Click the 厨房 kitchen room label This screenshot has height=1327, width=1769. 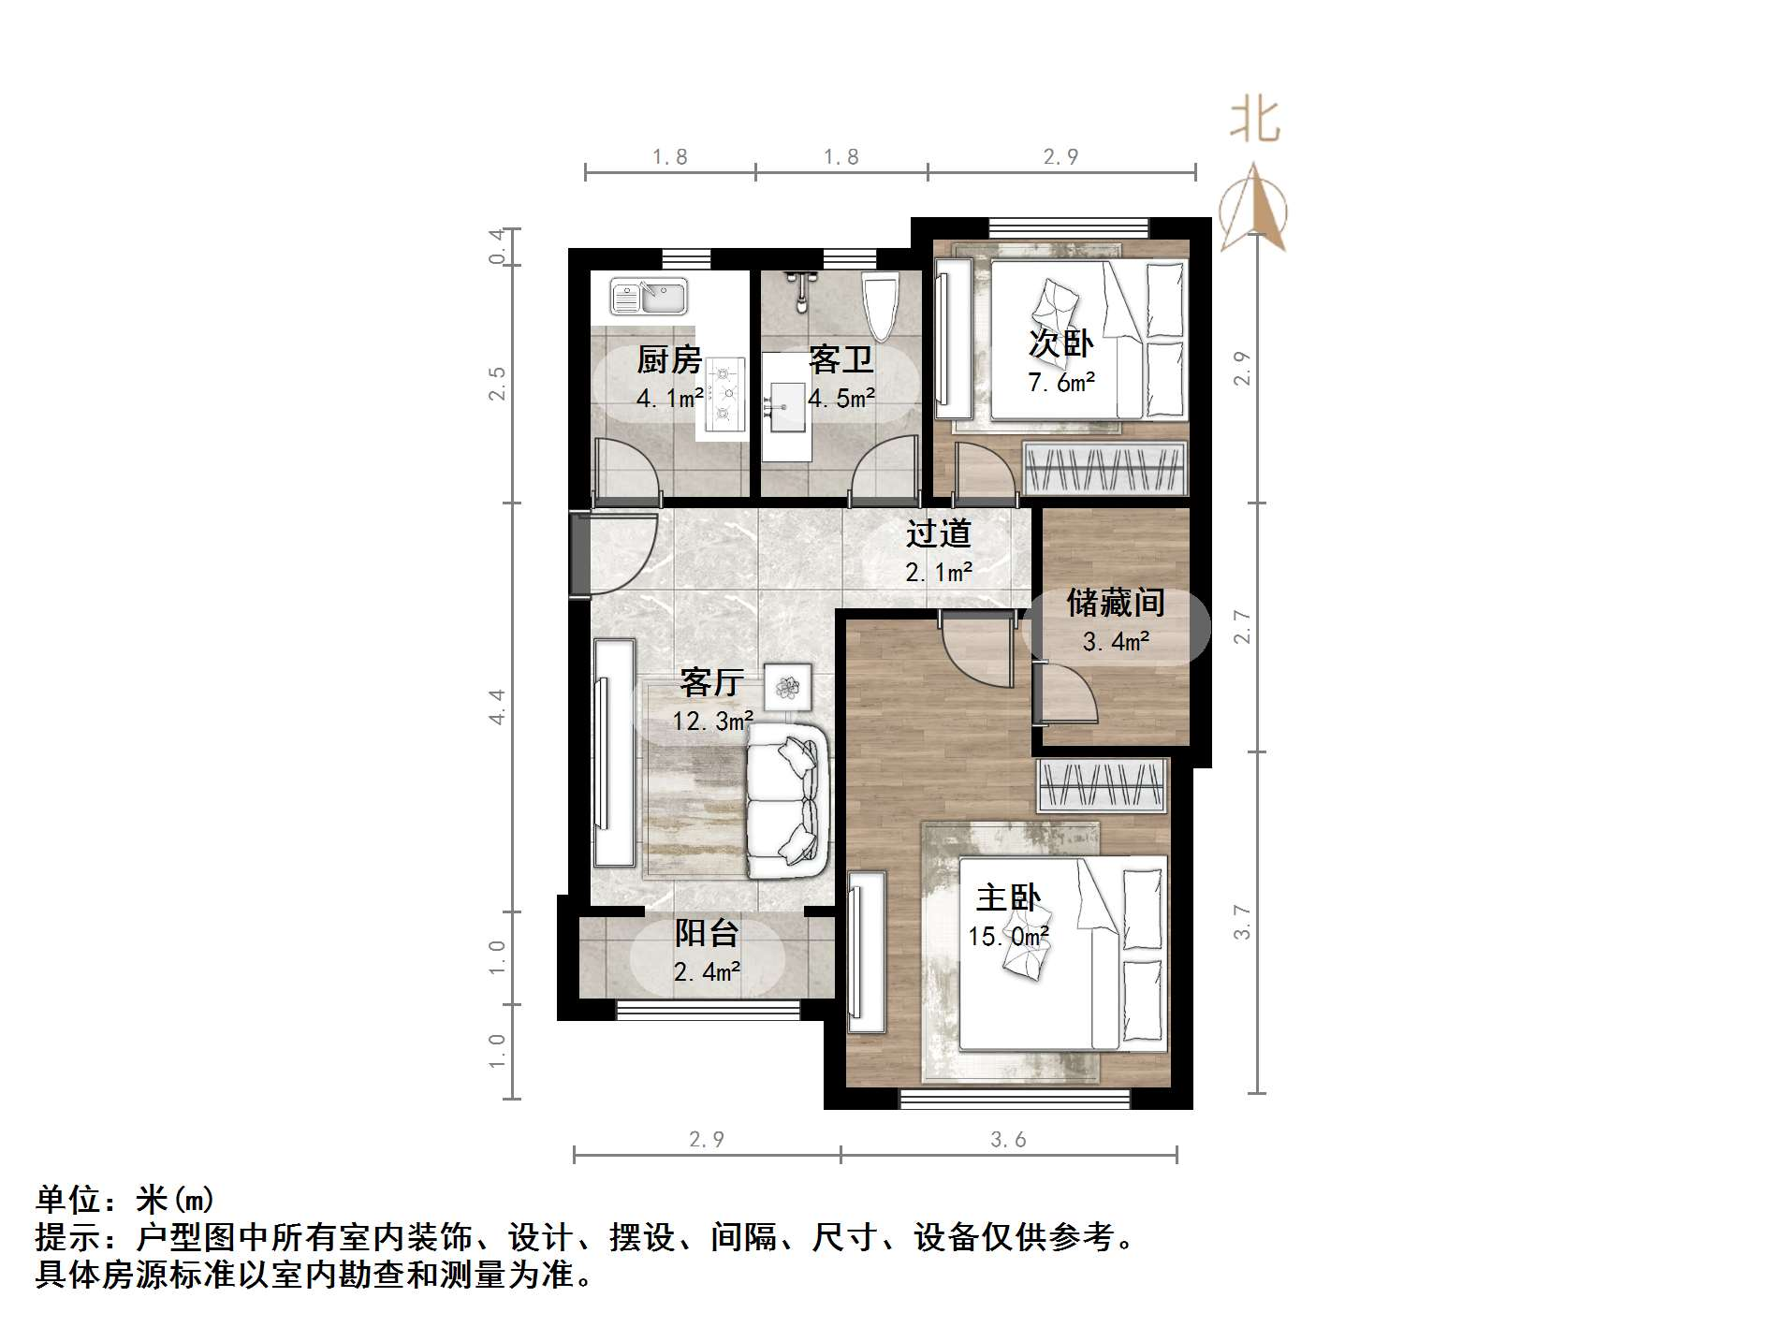pos(669,360)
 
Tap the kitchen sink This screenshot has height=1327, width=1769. pos(649,297)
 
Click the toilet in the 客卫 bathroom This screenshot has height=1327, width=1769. pos(880,306)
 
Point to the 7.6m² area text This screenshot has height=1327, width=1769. pos(1061,383)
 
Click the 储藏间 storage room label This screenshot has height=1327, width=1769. pos(1116,604)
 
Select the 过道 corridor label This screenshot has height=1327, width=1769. pos(938,534)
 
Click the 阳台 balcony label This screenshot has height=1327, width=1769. pos(707,933)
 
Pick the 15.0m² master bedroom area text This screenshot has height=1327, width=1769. pos(1008,937)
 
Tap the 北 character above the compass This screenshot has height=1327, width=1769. pos(1254,122)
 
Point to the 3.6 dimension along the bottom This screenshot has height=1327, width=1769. pos(1008,1140)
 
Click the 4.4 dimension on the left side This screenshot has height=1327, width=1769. pos(497,707)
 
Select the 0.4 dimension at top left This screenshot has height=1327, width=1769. pos(499,247)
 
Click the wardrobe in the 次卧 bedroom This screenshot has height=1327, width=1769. pos(1104,467)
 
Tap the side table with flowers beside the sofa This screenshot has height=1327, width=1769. pos(787,688)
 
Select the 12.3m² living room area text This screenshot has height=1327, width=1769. pos(712,722)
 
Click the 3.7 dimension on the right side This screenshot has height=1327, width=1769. pos(1242,922)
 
